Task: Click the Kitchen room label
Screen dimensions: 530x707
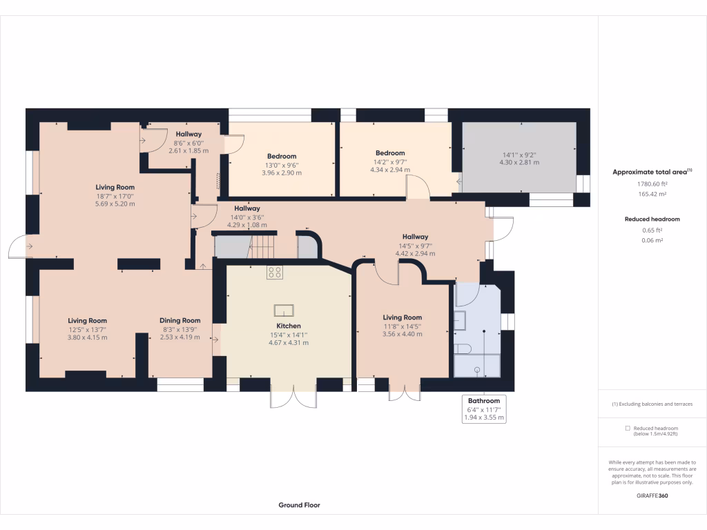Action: click(x=289, y=326)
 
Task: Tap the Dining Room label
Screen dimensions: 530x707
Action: click(x=180, y=320)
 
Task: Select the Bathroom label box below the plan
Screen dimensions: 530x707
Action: click(x=484, y=400)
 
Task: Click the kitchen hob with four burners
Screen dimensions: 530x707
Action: click(x=274, y=272)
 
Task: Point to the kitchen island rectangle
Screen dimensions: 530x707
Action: click(x=284, y=310)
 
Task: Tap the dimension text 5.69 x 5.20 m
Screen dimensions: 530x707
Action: click(x=115, y=204)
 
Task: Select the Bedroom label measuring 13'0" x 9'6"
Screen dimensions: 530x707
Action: click(x=282, y=157)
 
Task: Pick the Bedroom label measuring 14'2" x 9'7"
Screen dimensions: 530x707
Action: click(x=390, y=153)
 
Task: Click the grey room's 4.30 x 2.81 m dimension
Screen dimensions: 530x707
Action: click(x=519, y=163)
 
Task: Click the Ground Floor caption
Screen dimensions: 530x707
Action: click(x=299, y=505)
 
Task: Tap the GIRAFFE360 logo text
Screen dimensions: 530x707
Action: click(x=652, y=495)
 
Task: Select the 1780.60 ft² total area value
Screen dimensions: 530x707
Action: click(x=652, y=184)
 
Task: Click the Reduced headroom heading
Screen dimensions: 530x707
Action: click(x=652, y=219)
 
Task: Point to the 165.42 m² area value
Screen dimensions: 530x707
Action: click(x=652, y=195)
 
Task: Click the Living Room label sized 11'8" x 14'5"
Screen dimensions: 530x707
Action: click(x=403, y=317)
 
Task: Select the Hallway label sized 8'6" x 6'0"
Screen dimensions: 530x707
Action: click(x=188, y=134)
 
